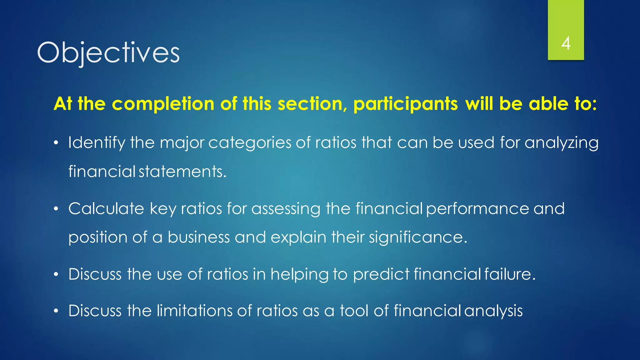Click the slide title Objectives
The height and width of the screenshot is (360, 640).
tap(108, 52)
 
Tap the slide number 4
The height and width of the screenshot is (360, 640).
tap(566, 43)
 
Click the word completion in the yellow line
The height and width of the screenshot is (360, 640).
tap(163, 104)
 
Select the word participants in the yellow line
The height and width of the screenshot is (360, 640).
tap(406, 104)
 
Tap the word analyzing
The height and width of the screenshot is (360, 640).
tap(561, 143)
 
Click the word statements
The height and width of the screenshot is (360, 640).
tap(182, 172)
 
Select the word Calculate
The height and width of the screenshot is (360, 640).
tap(106, 208)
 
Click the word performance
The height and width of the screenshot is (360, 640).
tap(477, 208)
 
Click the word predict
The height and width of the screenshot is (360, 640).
tap(381, 274)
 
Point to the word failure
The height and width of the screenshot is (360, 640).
tap(510, 274)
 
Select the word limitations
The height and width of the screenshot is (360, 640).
tap(194, 311)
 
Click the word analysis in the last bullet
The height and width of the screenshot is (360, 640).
tap(493, 311)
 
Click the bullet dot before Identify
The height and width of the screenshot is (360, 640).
tap(56, 143)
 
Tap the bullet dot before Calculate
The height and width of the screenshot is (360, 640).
tap(56, 209)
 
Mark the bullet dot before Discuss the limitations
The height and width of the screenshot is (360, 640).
tap(56, 311)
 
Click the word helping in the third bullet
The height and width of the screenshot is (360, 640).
tap(299, 274)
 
